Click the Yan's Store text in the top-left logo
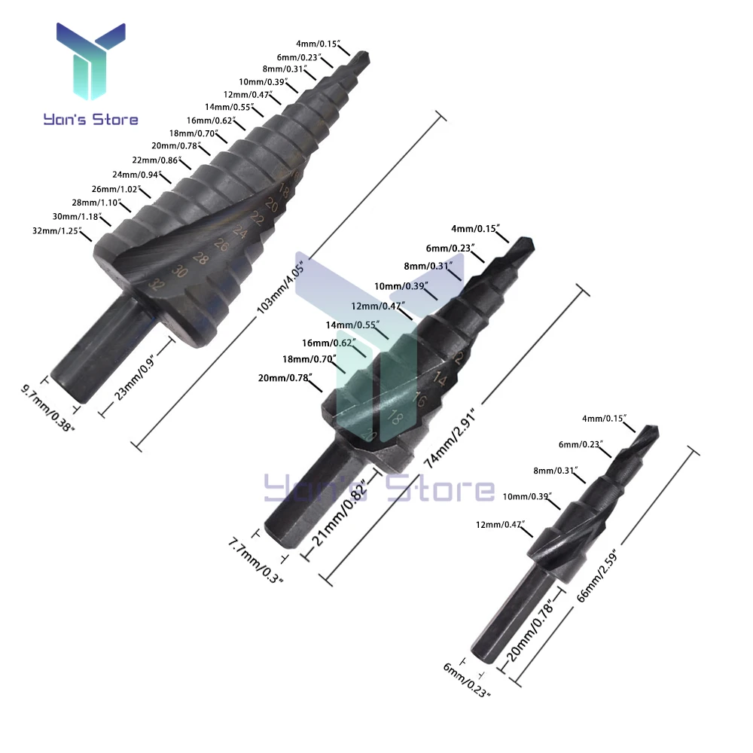[90, 119]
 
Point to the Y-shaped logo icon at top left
[90, 63]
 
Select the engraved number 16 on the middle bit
[419, 401]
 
